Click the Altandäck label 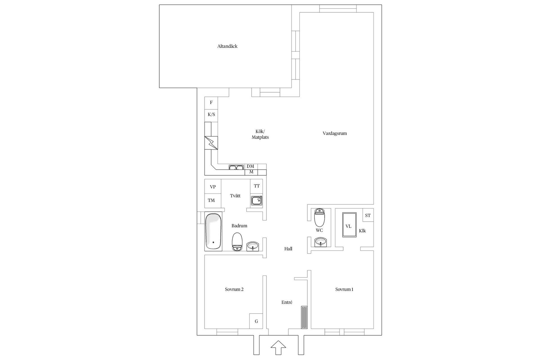(x=227, y=46)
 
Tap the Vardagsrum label (x=335, y=133)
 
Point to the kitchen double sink (x=236, y=168)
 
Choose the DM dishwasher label (x=250, y=166)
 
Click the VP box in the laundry (x=213, y=186)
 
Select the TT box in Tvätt (x=256, y=186)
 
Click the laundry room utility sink (x=256, y=201)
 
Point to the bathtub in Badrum (x=213, y=231)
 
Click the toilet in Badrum (x=237, y=242)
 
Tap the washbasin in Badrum (x=253, y=246)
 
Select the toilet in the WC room (x=319, y=217)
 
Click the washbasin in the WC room (x=320, y=242)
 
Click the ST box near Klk (x=368, y=215)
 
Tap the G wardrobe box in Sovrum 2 (x=256, y=321)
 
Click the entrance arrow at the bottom (x=278, y=348)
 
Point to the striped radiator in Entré (x=304, y=317)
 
